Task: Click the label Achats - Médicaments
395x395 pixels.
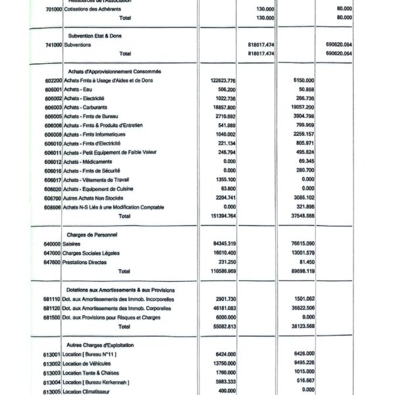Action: click(88, 161)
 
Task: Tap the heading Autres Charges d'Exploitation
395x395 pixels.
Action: click(102, 344)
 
